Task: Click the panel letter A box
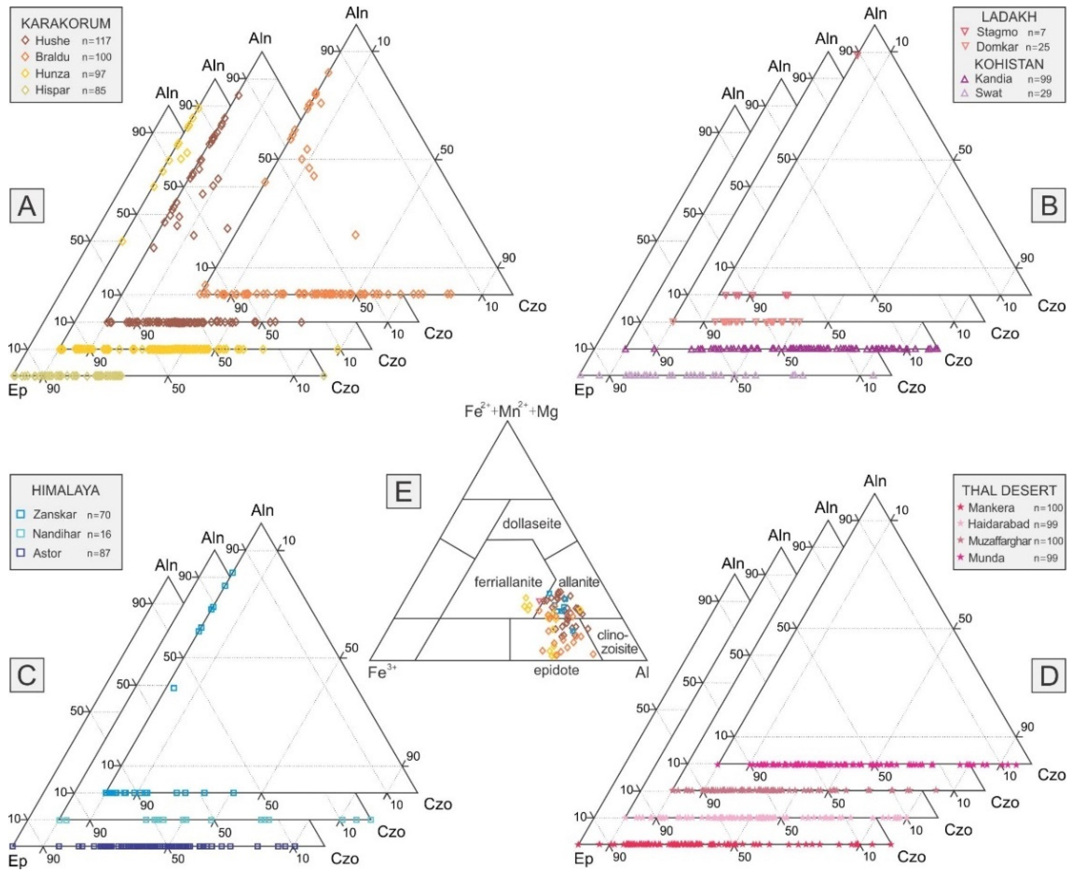[x=27, y=206]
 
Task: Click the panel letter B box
[x=1048, y=206]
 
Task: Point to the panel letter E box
[x=403, y=491]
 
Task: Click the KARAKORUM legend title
[x=65, y=24]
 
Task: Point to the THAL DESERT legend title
[x=1009, y=490]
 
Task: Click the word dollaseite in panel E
[x=531, y=523]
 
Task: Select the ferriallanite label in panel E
[x=508, y=582]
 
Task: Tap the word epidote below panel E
[x=556, y=670]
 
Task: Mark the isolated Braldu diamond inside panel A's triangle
[x=356, y=235]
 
